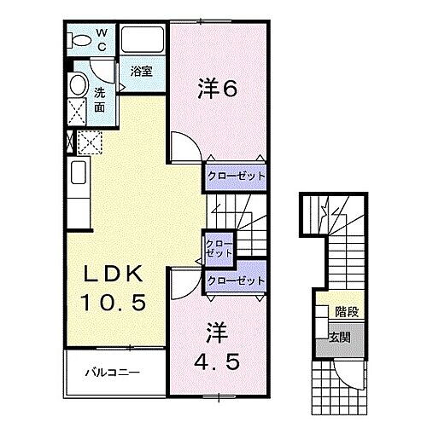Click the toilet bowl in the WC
[x=79, y=40]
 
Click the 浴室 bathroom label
[x=141, y=73]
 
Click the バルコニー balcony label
[x=111, y=373]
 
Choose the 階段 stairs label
[x=346, y=313]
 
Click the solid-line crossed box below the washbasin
[x=78, y=111]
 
